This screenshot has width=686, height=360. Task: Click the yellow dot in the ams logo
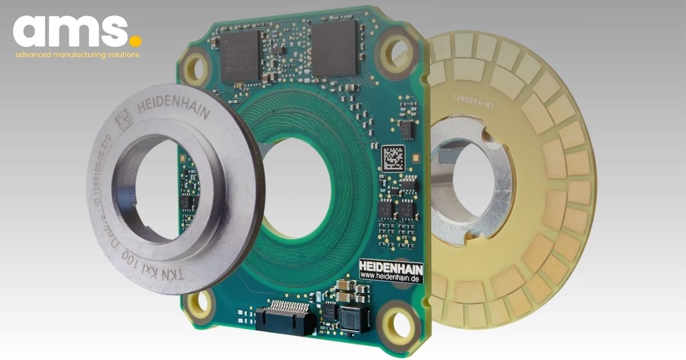click(135, 42)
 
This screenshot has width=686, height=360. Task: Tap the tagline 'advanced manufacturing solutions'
click(77, 55)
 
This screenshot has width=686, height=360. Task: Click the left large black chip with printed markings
click(241, 56)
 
